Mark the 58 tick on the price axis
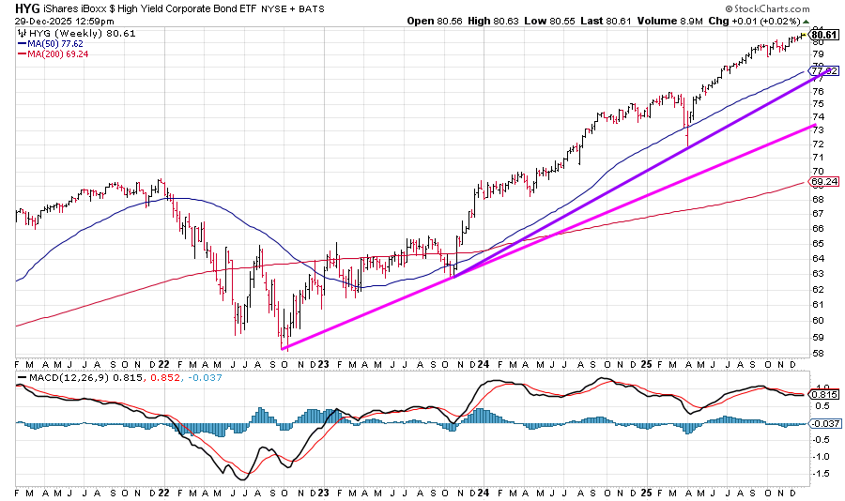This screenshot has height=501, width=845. (819, 353)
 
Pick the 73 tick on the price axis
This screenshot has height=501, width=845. (819, 129)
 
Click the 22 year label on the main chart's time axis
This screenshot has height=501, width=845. (163, 362)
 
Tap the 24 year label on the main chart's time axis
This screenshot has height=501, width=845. (483, 362)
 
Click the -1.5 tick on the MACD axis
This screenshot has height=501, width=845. (822, 474)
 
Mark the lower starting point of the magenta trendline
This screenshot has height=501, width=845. (282, 349)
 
